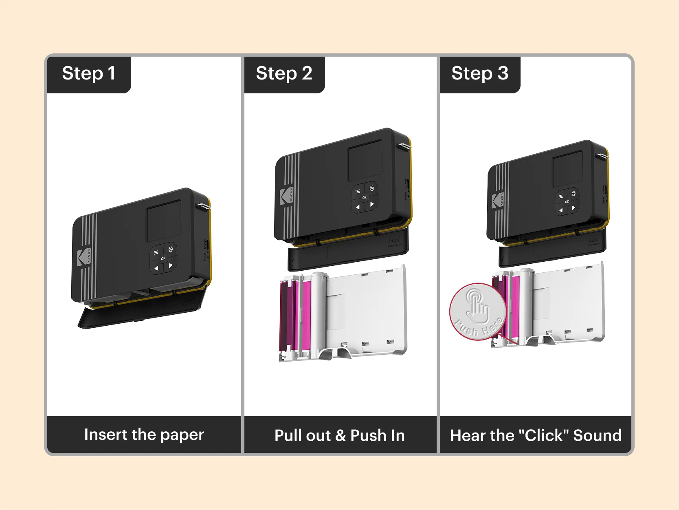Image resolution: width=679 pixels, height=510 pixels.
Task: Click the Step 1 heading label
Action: pyautogui.click(x=88, y=74)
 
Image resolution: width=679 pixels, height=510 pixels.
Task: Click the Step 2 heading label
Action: pyautogui.click(x=284, y=74)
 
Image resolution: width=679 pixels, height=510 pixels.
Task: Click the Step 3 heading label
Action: pyautogui.click(x=479, y=74)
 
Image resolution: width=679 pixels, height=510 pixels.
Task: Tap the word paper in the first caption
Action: pyautogui.click(x=182, y=435)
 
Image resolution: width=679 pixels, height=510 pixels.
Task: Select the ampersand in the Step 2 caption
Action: pyautogui.click(x=341, y=436)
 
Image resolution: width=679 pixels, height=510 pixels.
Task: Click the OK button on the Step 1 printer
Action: pyautogui.click(x=163, y=258)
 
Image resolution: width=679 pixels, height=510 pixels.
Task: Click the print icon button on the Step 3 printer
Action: pyautogui.click(x=573, y=194)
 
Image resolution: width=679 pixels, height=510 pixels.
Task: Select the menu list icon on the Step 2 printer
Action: pyautogui.click(x=358, y=191)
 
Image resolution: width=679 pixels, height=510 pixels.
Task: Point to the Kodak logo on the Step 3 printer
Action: pyautogui.click(x=498, y=200)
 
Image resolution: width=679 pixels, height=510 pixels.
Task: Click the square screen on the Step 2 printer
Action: pyautogui.click(x=365, y=161)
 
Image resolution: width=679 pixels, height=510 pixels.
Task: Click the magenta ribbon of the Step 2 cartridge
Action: pyautogui.click(x=305, y=314)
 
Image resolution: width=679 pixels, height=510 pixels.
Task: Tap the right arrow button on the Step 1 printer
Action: pyautogui.click(x=171, y=265)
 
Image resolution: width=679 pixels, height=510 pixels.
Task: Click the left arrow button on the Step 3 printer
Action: pyautogui.click(x=561, y=210)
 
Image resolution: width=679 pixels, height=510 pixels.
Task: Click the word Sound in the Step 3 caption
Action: pyautogui.click(x=597, y=435)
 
